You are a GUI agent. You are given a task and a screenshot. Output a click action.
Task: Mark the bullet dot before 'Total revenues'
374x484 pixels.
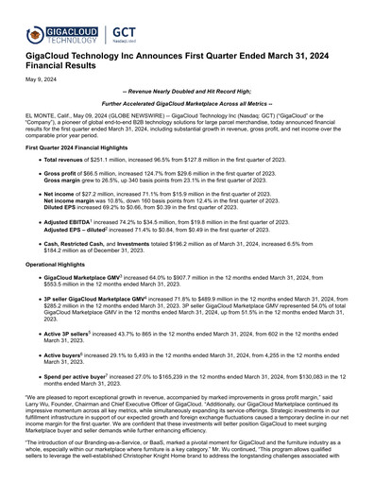tap(36, 163)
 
